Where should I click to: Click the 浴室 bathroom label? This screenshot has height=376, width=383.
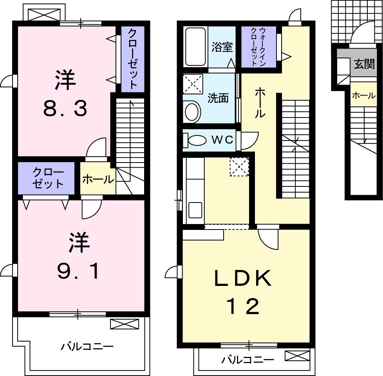222,47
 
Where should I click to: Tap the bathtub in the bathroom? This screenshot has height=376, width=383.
195,47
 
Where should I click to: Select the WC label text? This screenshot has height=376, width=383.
222,139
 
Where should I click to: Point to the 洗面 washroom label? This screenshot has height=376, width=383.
218,98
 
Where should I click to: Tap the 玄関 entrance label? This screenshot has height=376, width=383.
364,64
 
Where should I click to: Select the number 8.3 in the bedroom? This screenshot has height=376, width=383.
65,109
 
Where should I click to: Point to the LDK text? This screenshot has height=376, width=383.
243,279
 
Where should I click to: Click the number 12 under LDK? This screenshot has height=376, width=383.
242,306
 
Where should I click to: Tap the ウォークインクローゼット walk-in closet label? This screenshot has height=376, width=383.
258,47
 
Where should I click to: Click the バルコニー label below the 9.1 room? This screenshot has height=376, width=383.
87,346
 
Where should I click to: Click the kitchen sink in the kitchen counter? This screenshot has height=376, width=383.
195,210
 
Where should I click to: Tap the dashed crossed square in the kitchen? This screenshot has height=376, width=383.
239,167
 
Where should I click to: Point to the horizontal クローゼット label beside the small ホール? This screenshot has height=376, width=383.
48,178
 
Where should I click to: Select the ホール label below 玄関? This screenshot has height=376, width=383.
364,95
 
